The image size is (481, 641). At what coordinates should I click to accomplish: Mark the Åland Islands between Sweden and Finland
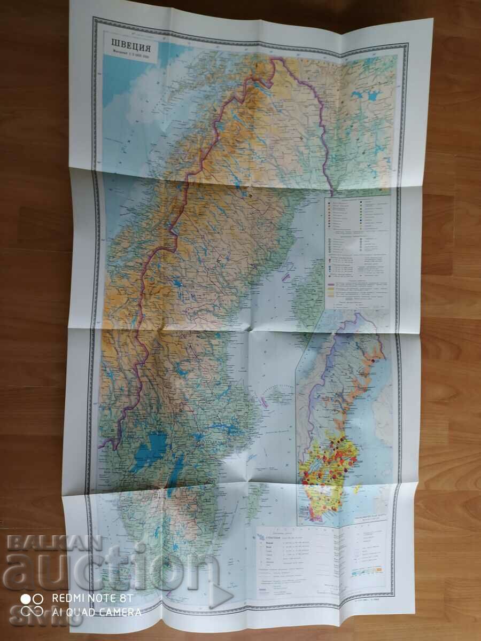(x=274, y=395)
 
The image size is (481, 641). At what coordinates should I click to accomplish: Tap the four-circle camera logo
(x=32, y=605)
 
